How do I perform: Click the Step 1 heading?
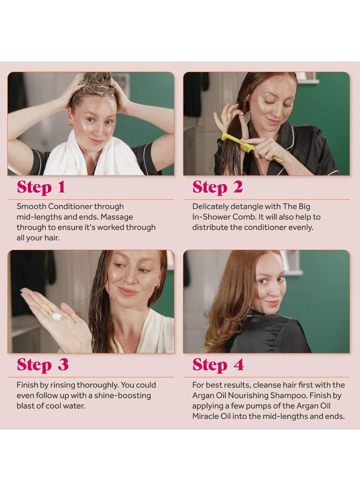(41, 187)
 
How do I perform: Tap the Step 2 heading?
(217, 187)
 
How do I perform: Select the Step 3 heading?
(43, 365)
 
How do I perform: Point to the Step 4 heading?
(218, 365)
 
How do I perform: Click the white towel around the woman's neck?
(94, 155)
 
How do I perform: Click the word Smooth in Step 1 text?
(31, 207)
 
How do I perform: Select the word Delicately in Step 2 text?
(210, 207)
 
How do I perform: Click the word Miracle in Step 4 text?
(205, 416)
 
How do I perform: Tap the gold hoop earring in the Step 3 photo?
(158, 286)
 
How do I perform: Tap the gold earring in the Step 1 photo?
(70, 124)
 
